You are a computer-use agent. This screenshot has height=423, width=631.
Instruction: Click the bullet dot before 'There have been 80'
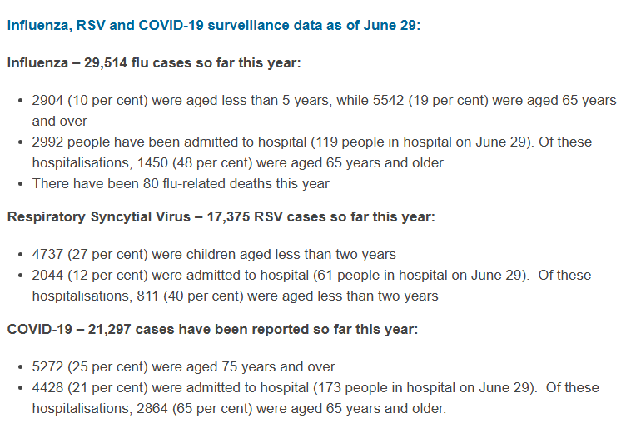coord(22,183)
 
